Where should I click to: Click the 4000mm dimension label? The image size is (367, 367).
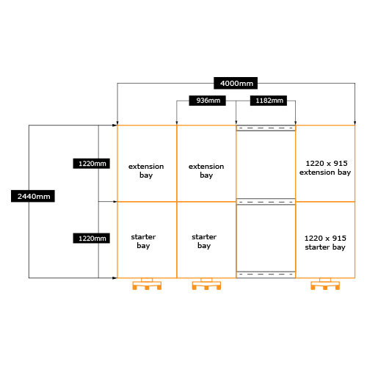click(236, 83)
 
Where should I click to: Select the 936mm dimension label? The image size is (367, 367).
click(207, 101)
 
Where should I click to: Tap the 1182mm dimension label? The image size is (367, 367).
click(269, 101)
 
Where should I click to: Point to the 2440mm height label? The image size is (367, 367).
click(33, 196)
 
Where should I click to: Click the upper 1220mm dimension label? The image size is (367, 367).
click(91, 164)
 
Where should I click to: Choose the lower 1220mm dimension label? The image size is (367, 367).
click(91, 238)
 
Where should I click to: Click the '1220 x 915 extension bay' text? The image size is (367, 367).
click(325, 168)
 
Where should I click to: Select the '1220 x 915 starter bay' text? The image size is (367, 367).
click(325, 243)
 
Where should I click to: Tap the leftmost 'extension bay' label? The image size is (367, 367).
click(146, 171)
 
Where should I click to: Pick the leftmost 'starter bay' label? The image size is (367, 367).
click(143, 241)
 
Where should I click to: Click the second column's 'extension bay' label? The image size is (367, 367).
click(206, 171)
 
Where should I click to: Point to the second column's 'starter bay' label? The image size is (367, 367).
click(204, 241)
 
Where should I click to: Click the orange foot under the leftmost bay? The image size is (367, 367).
click(147, 284)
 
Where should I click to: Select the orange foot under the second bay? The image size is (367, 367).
click(206, 284)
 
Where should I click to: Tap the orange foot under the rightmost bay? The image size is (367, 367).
click(325, 284)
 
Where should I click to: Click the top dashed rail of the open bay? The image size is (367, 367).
click(266, 128)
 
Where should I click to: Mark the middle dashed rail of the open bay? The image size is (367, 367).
click(266, 202)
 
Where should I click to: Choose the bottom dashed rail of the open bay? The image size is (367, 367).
click(266, 275)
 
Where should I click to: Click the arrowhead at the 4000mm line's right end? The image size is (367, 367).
click(355, 123)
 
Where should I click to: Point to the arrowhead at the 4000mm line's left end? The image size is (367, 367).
click(117, 123)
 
